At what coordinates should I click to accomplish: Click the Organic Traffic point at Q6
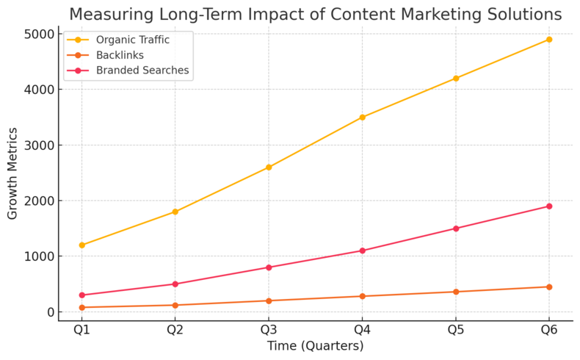[x=548, y=40]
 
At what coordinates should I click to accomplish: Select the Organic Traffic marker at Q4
[x=362, y=118]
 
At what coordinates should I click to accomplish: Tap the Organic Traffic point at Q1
[x=81, y=245]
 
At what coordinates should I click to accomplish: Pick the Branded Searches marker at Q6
[x=548, y=206]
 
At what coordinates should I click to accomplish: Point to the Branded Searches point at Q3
[x=269, y=267]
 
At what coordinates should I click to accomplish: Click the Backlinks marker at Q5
[x=455, y=292]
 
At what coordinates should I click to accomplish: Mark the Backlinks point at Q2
[x=175, y=305]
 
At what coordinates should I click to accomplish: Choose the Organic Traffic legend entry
[x=128, y=40]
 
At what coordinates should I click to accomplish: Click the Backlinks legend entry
[x=114, y=55]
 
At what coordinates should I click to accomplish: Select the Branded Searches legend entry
[x=137, y=71]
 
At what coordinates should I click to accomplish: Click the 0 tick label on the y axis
[x=49, y=312]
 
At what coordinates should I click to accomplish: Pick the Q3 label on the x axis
[x=269, y=330]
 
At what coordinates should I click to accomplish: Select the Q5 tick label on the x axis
[x=455, y=330]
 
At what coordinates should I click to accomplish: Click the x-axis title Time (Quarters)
[x=315, y=346]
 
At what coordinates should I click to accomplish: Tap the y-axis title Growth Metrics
[x=12, y=173]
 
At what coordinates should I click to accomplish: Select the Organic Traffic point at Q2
[x=175, y=212]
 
